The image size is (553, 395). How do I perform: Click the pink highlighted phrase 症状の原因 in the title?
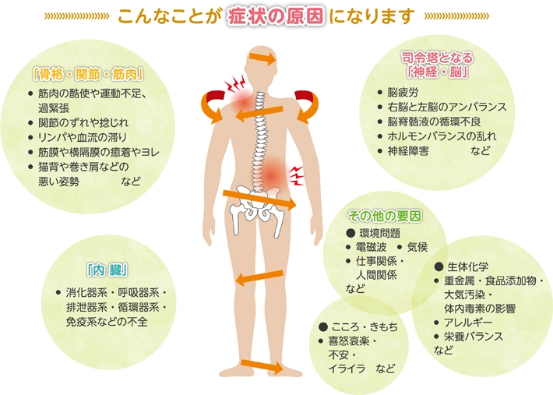[276, 16]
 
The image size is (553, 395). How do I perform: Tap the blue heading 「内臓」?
[107, 270]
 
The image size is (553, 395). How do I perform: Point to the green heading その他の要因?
[385, 216]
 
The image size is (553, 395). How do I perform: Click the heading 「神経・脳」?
[437, 72]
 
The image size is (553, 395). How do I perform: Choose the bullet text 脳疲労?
[403, 93]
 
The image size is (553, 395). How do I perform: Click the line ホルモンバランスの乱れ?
[442, 136]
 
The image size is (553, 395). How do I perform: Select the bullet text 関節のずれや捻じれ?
[83, 123]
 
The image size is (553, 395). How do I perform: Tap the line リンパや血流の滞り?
[82, 137]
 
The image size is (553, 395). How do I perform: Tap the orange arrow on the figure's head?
[262, 58]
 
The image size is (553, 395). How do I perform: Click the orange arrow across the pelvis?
[259, 199]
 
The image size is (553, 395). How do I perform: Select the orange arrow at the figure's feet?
[262, 366]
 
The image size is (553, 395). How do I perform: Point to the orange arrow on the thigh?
[259, 278]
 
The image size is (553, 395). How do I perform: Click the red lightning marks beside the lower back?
[297, 175]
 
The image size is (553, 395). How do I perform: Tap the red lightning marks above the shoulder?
[235, 83]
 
